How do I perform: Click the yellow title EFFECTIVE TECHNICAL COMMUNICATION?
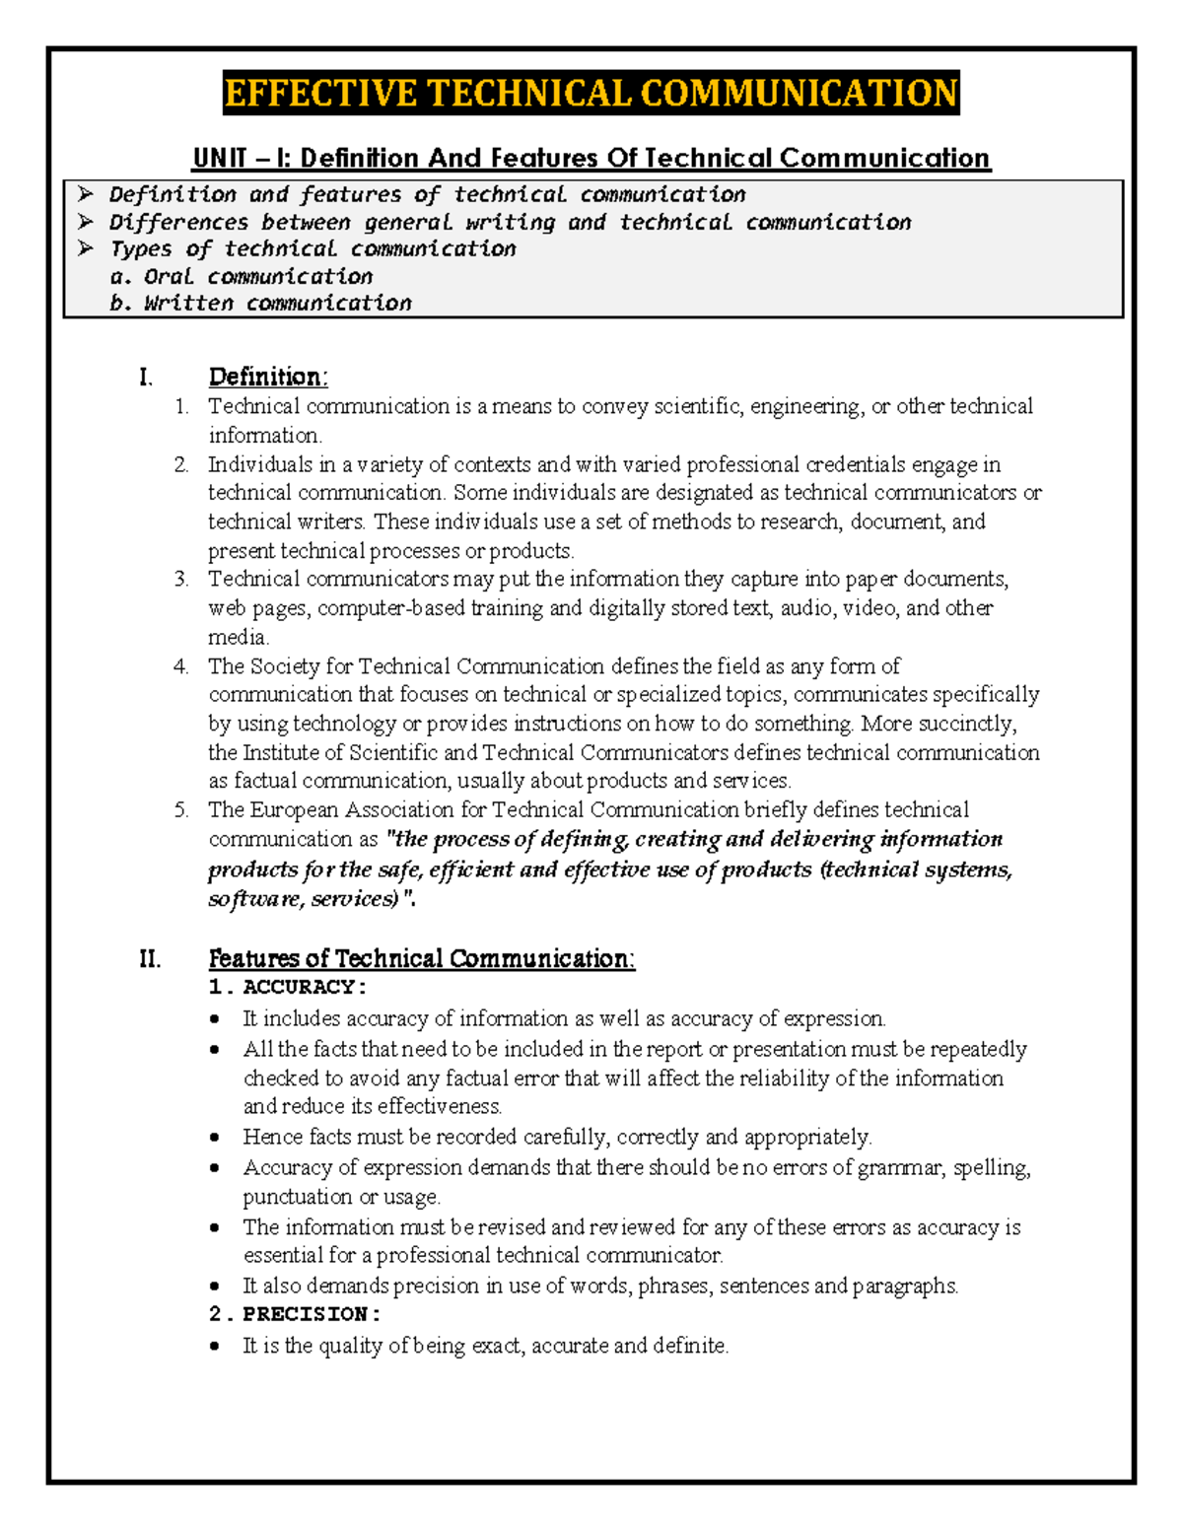[x=591, y=94]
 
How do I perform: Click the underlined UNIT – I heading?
[x=591, y=158]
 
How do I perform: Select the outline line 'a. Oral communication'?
[x=242, y=276]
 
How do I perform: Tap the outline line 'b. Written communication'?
[x=260, y=303]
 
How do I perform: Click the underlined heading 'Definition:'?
[x=267, y=377]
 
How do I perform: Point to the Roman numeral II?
[x=150, y=958]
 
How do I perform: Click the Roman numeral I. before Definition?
[x=146, y=377]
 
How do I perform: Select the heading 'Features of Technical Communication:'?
[x=421, y=958]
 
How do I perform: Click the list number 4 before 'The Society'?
[x=180, y=666]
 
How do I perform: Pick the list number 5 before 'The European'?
[x=180, y=810]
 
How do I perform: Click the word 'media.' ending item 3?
[x=238, y=637]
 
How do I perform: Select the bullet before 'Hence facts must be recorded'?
[x=215, y=1138]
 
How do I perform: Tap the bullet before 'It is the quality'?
[x=215, y=1347]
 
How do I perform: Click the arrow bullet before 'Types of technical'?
[x=86, y=248]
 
